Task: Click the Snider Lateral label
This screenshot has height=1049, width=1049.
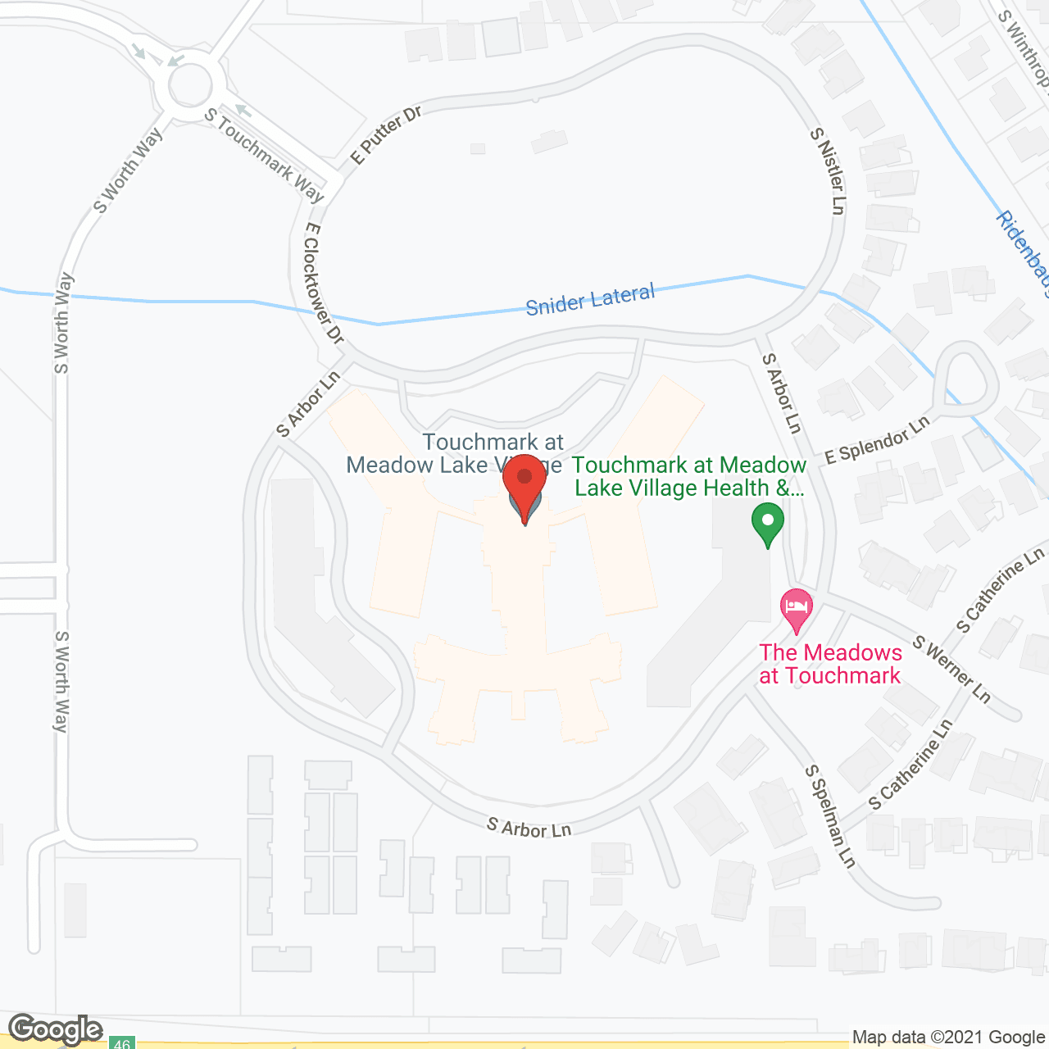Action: [590, 300]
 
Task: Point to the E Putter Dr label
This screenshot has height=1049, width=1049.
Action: [384, 135]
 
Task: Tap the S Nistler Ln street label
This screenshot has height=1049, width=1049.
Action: [828, 170]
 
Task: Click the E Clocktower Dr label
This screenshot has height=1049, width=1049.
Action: [323, 283]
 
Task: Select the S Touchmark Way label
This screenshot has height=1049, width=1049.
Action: [264, 155]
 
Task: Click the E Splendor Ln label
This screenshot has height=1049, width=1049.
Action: [877, 440]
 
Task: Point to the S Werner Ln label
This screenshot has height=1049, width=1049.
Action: [952, 670]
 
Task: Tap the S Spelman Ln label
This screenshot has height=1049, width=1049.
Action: [830, 816]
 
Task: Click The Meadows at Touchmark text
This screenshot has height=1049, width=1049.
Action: [830, 664]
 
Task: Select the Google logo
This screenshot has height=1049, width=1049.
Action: [56, 1029]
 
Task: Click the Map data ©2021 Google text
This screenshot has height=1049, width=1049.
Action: [948, 1038]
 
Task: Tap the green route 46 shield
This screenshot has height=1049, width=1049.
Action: [121, 1043]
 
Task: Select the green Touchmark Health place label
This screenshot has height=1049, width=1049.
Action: [689, 476]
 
